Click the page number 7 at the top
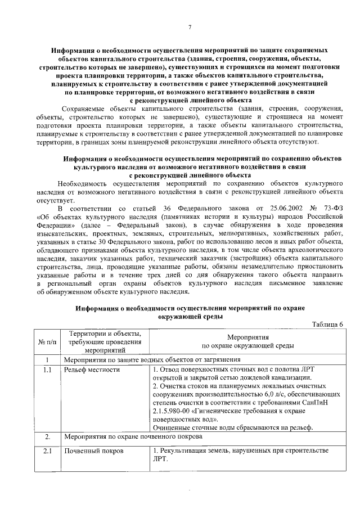click(190, 28)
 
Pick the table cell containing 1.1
click(48, 370)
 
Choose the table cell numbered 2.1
click(48, 451)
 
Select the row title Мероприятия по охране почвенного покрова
click(132, 436)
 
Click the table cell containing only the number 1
click(48, 359)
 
